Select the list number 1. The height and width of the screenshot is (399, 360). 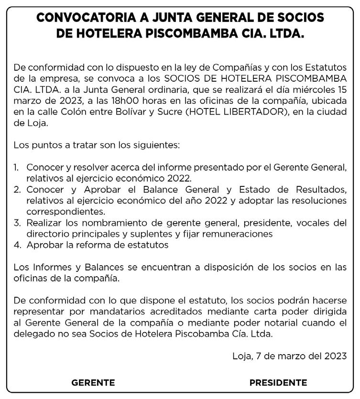click(x=16, y=168)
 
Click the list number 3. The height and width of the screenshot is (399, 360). click(x=16, y=223)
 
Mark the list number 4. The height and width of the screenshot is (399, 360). click(x=16, y=245)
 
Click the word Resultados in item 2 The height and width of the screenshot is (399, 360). click(x=316, y=190)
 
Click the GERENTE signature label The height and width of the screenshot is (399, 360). click(x=93, y=383)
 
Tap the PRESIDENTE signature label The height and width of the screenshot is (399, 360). click(x=278, y=383)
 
